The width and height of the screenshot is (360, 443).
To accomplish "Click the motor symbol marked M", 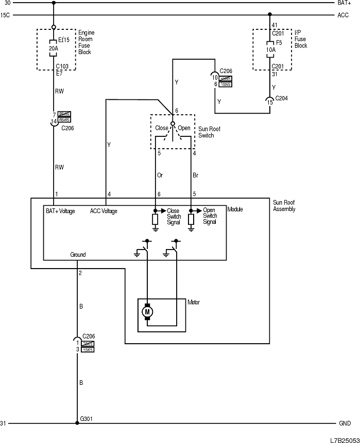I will [147, 311].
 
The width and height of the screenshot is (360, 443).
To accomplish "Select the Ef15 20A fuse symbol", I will [54, 45].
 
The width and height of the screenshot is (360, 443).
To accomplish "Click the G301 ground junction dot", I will [77, 423].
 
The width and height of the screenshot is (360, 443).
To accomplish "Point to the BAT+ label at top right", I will [345, 3].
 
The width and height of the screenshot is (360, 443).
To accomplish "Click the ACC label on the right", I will [343, 15].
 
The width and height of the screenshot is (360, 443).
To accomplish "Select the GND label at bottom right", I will [345, 423].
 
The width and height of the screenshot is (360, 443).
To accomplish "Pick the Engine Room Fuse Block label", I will [86, 43].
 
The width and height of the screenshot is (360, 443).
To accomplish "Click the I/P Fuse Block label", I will [301, 39].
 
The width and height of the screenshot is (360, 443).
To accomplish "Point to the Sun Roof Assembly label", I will [284, 206].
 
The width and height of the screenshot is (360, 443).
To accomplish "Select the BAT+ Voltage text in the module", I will [60, 211].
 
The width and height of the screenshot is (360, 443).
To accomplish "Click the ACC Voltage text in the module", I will [104, 211].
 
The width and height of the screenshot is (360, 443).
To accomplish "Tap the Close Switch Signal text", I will [174, 216].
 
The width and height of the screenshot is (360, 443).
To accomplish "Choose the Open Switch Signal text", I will [210, 216].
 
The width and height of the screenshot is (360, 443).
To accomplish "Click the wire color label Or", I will [160, 175].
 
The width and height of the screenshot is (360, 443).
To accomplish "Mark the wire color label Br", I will [195, 175].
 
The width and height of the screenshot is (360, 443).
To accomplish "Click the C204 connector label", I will [282, 98].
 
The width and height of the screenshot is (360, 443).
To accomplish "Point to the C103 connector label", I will [63, 67].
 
